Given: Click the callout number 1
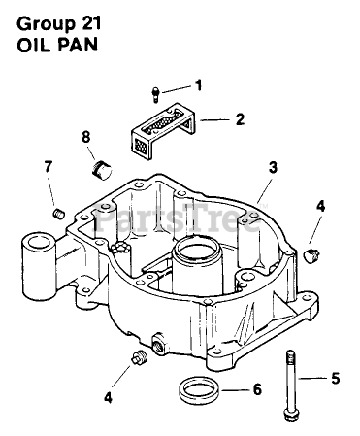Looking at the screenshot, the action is click(198, 85).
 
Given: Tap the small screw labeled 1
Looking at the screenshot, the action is click(156, 95).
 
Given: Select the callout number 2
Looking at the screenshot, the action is click(240, 119).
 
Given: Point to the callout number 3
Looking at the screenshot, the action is click(273, 168).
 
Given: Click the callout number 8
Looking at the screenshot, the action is click(85, 137).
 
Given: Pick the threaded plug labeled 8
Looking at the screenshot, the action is click(101, 170).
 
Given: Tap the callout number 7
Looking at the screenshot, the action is click(48, 167).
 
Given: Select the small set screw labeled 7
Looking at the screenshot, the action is click(59, 214).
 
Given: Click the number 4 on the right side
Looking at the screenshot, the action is click(320, 207).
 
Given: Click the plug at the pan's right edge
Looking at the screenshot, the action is click(311, 256).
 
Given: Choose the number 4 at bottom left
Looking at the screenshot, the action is click(109, 397).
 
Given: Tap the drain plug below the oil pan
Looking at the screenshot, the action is click(139, 356).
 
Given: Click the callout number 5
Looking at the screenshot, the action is click(336, 379).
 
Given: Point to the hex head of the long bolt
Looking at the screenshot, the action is click(289, 415).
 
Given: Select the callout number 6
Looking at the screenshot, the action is click(257, 390).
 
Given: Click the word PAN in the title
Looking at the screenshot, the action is click(78, 45).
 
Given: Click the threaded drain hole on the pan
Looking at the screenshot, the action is click(159, 345).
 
